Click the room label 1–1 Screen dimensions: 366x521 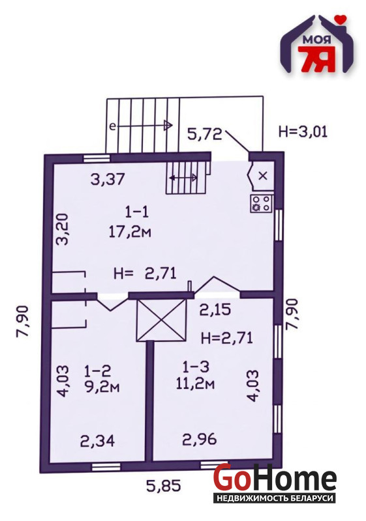coord(137,212)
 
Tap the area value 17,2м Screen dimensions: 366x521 coord(130,231)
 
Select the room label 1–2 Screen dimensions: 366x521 coord(97,371)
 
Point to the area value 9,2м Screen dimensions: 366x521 coord(102,387)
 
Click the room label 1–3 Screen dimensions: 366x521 coord(196,367)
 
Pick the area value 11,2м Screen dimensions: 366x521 coord(195,384)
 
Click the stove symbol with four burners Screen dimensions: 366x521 coord(262,203)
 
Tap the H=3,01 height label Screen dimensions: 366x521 coord(303,132)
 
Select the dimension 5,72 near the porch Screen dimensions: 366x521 coord(205,134)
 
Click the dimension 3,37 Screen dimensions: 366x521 coord(108,180)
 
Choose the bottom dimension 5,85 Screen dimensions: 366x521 coord(164,486)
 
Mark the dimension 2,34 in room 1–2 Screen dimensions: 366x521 coord(97,441)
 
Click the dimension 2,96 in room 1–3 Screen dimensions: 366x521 coord(200,439)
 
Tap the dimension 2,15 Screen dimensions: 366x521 coord(215,310)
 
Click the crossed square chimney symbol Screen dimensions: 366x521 coord(161,320)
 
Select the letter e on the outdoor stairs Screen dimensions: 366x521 coord(113,126)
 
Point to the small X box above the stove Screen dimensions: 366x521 coord(263,176)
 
